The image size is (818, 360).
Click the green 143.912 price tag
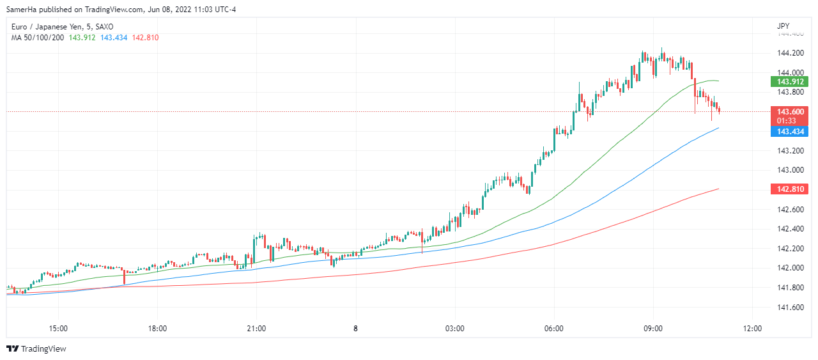tap(790, 82)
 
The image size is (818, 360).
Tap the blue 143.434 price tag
tap(790, 132)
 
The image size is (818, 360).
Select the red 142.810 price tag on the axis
tap(790, 189)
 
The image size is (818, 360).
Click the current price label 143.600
tap(790, 111)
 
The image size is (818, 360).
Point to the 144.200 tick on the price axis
tap(789, 52)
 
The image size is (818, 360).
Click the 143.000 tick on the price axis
tap(789, 170)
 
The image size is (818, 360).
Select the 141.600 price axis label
tap(789, 308)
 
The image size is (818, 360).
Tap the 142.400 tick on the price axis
tap(789, 229)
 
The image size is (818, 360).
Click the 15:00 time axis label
tap(58, 329)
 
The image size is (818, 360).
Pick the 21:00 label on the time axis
tap(256, 329)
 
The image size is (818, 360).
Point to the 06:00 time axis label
tap(553, 329)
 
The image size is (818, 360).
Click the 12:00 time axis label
tap(752, 329)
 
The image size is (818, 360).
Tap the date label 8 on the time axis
tap(355, 329)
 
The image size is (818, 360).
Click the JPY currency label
tap(783, 26)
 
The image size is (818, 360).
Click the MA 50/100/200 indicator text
tap(37, 38)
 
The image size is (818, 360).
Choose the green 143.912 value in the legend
tap(82, 38)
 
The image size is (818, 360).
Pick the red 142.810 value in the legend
tap(145, 38)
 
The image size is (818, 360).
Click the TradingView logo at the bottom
tap(36, 348)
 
